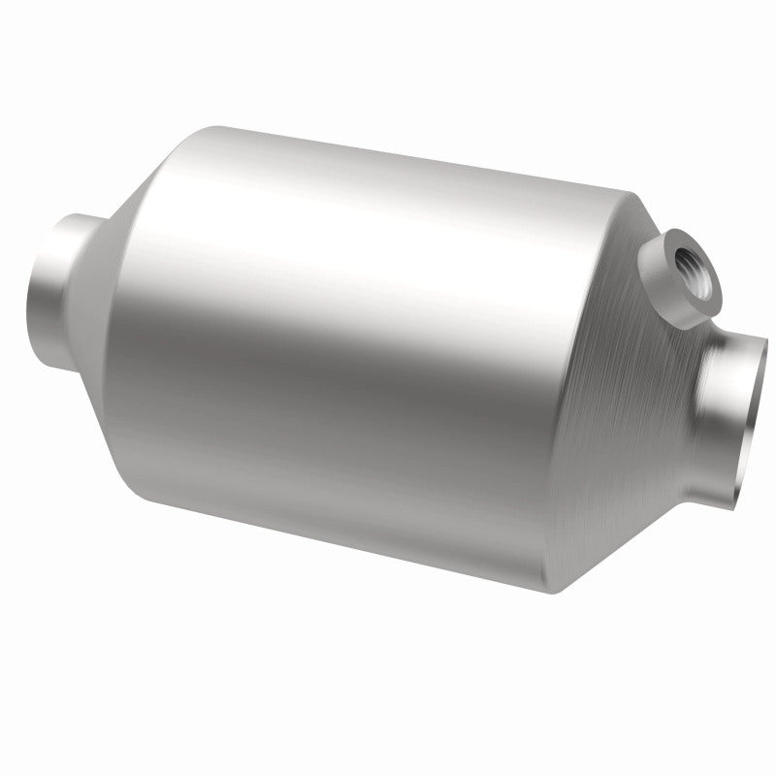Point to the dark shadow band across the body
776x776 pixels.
click(320, 407)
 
